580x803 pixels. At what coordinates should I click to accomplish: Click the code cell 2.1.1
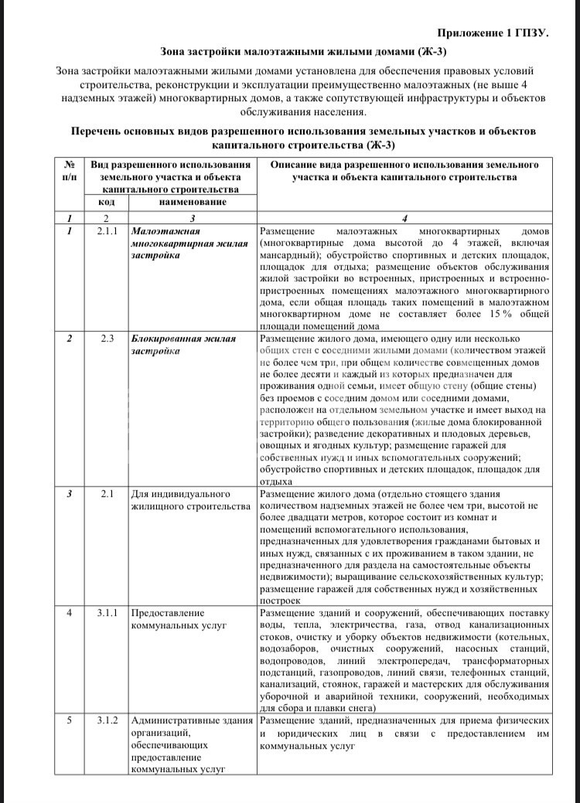coord(107,231)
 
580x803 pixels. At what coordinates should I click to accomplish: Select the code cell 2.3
coord(107,339)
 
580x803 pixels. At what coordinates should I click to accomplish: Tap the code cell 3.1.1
coord(107,613)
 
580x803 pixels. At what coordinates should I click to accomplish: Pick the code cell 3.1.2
coord(107,720)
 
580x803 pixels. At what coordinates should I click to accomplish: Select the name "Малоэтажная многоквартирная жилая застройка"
coord(182,243)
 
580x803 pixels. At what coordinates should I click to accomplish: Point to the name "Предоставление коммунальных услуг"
coord(179,619)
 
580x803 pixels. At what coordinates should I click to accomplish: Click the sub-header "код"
coord(107,202)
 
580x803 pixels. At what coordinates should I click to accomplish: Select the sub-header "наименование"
coord(193,202)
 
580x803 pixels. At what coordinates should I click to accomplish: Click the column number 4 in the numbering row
coord(404,217)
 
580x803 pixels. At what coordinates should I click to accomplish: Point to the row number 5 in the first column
coord(70,720)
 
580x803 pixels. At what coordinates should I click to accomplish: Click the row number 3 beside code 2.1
coord(70,493)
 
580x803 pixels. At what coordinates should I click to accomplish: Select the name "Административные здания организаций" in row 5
coord(193,726)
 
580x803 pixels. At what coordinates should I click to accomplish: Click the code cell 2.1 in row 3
coord(107,493)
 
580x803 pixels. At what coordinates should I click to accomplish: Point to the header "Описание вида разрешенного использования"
coord(404,165)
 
